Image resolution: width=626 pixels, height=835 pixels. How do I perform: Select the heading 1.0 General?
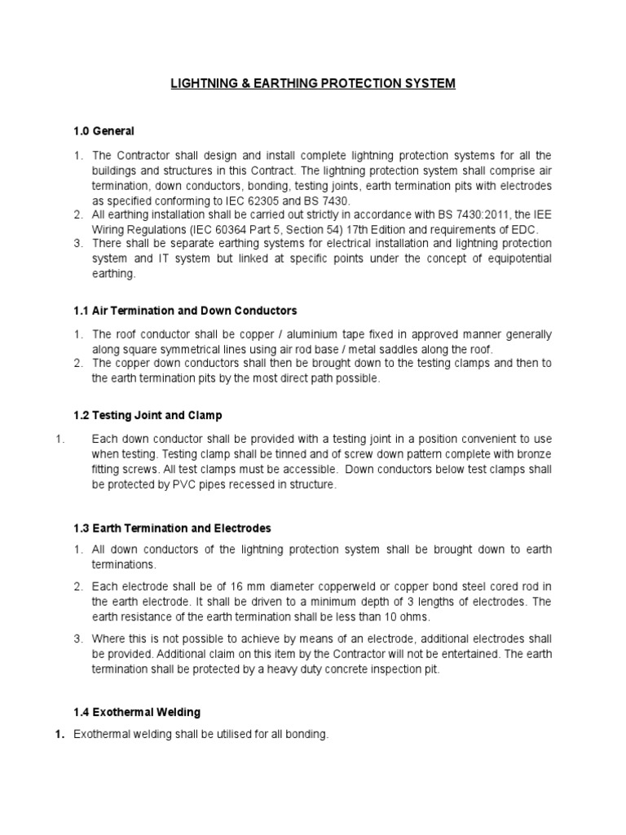pyautogui.click(x=104, y=130)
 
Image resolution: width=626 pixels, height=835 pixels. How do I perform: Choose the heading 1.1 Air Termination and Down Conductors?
pyautogui.click(x=185, y=311)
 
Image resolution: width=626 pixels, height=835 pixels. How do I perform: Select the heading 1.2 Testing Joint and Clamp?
pyautogui.click(x=148, y=415)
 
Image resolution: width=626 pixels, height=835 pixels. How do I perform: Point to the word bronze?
pyautogui.click(x=533, y=453)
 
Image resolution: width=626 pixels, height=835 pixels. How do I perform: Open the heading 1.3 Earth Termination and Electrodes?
pyautogui.click(x=172, y=528)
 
